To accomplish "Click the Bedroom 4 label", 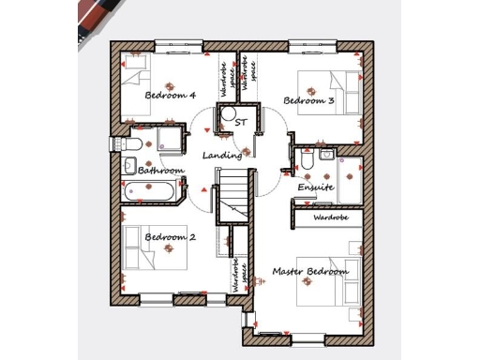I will (x=170, y=96).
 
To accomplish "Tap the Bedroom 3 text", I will (x=309, y=100).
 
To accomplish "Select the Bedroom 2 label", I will (x=170, y=238).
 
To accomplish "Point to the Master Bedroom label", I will (x=310, y=272).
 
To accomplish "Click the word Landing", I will (x=223, y=156).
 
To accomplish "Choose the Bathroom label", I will (x=160, y=171).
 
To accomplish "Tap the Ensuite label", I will (x=315, y=187).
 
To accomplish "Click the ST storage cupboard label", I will (x=241, y=123).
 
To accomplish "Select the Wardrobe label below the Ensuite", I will (x=330, y=217).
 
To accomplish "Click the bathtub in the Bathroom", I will (x=149, y=192).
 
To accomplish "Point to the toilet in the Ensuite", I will (x=307, y=161).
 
